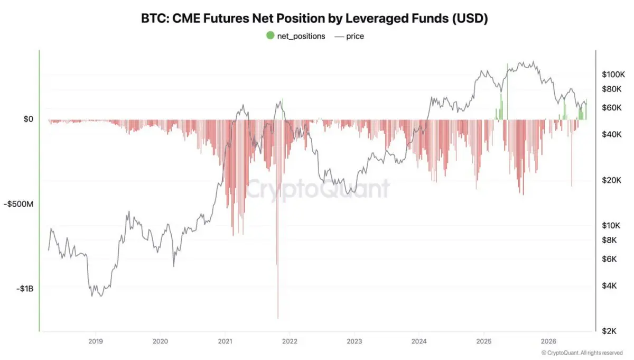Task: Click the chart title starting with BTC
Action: click(314, 19)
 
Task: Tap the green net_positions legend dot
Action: click(271, 36)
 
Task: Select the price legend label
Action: click(355, 36)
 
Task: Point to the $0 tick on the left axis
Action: click(29, 119)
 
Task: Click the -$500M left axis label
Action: click(18, 204)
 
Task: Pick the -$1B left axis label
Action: click(25, 289)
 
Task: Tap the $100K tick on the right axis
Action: click(613, 75)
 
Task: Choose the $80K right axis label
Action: click(612, 89)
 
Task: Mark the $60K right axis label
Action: click(612, 108)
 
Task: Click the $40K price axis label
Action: click(612, 134)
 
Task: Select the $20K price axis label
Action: click(612, 180)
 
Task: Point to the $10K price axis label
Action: click(611, 226)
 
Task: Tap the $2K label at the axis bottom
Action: click(609, 331)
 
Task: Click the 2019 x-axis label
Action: click(96, 341)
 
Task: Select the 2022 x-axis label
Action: click(290, 341)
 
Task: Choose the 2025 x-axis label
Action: click(484, 341)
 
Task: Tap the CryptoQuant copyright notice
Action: click(582, 353)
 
